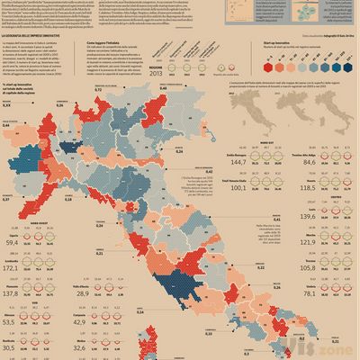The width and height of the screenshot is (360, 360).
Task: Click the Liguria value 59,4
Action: (13, 243)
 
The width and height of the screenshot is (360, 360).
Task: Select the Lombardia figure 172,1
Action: (13, 268)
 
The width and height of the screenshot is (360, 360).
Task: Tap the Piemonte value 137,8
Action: (13, 294)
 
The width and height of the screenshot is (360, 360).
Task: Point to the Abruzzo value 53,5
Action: (12, 320)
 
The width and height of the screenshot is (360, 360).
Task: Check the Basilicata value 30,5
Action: (12, 346)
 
